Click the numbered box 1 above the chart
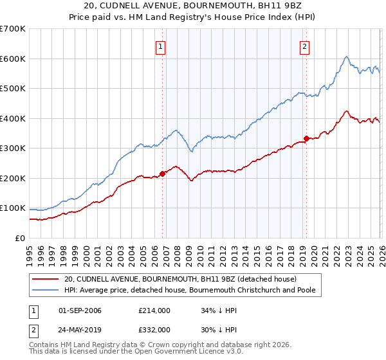[160, 46]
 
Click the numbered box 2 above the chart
[304, 46]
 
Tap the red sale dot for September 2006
[162, 172]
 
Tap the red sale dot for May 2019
[306, 138]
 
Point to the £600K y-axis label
[12, 59]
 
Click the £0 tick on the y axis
[19, 238]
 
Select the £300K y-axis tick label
[12, 148]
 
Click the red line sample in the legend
[45, 279]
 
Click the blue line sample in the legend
[45, 291]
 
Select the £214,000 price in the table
[154, 310]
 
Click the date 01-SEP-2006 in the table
[80, 310]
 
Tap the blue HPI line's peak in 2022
[346, 57]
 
